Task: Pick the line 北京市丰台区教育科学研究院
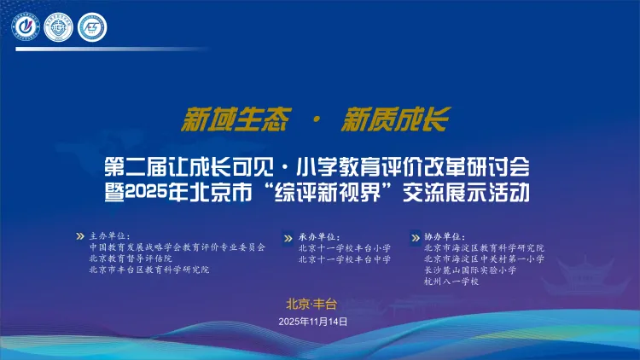[148, 269]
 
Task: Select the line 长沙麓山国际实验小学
[469, 270]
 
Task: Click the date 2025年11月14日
[314, 322]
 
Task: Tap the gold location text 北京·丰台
[312, 303]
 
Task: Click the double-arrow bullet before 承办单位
[289, 237]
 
